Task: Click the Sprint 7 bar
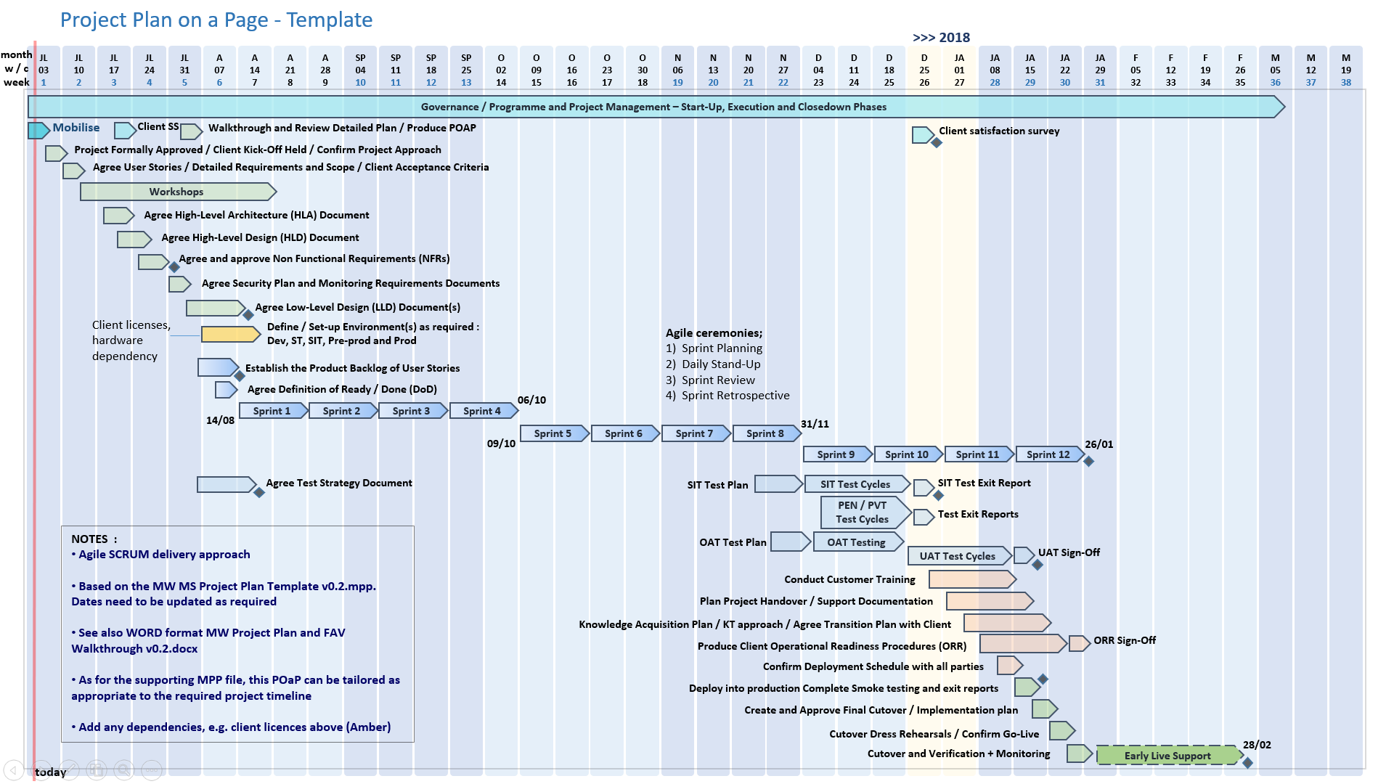[x=695, y=433]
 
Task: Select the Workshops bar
[x=177, y=192]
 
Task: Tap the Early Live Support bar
[x=1167, y=756]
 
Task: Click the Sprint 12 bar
[x=1048, y=454]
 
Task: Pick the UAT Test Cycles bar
[x=958, y=556]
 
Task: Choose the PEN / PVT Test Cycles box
[x=863, y=513]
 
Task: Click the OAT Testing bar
[x=857, y=542]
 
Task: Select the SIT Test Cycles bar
[x=855, y=484]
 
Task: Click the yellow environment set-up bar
[x=229, y=334]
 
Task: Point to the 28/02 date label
[x=1257, y=745]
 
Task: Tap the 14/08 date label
[x=220, y=420]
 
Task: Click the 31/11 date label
[x=815, y=424]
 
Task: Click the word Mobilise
[x=76, y=128]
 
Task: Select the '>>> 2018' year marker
[x=941, y=38]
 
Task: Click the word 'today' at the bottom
[x=51, y=772]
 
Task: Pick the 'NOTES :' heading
[x=94, y=539]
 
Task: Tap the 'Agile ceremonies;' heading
[x=714, y=333]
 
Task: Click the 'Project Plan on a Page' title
[x=216, y=20]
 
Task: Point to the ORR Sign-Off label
[x=1125, y=640]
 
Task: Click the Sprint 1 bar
[x=272, y=411]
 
